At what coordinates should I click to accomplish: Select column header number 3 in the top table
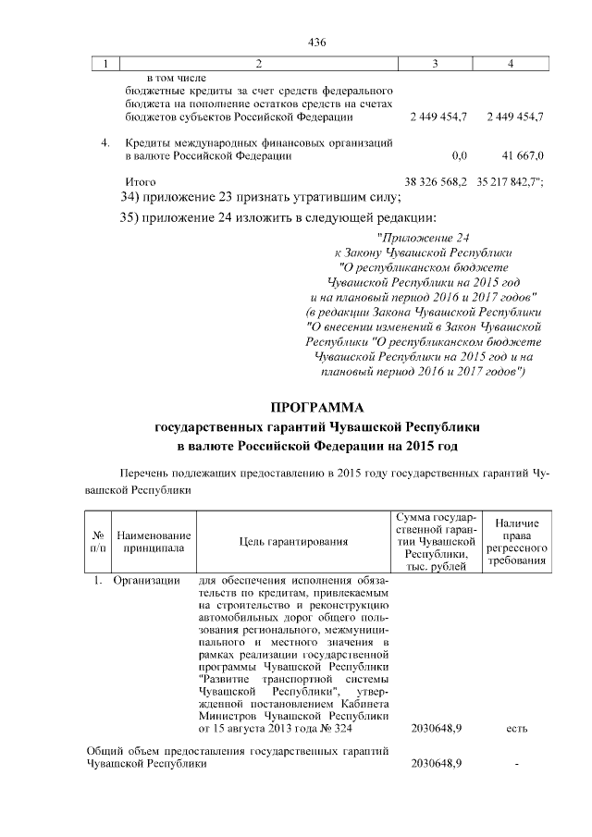pyautogui.click(x=436, y=63)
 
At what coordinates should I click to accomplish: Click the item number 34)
pyautogui.click(x=135, y=197)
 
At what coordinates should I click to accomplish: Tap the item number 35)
pyautogui.click(x=135, y=218)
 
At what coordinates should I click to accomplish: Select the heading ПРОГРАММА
pyautogui.click(x=318, y=407)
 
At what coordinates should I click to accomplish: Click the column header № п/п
pyautogui.click(x=96, y=542)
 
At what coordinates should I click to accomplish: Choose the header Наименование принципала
pyautogui.click(x=154, y=542)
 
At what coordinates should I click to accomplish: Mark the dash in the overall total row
pyautogui.click(x=517, y=764)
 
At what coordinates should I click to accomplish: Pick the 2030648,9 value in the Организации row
pyautogui.click(x=437, y=729)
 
